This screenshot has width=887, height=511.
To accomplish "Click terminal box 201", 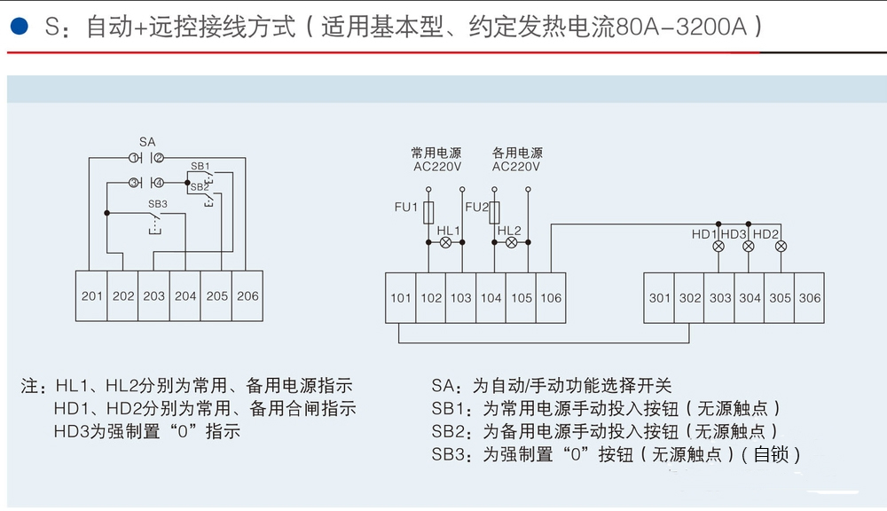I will pos(92,295).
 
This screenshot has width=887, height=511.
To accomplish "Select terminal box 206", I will pos(247,295).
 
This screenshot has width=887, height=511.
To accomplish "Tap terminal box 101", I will pos(401,298).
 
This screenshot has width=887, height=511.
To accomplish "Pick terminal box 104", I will pos(491,298).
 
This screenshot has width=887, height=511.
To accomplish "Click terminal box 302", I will pos(689,298).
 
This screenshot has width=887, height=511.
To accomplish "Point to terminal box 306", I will pos(810,298).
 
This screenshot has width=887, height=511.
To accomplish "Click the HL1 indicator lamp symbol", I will pos(446,241).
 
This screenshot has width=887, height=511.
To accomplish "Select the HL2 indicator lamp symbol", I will pos(511,241).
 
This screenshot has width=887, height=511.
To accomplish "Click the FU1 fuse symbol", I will pos(428,212).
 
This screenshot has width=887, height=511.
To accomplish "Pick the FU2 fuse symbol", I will pos(495,212).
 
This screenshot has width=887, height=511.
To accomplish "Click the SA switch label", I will pos(147,142).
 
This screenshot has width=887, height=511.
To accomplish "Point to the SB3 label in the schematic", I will pos(158,204).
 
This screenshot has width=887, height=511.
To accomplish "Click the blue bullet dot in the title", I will pos(17,26).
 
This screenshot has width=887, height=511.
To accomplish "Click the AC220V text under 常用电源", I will pos(437,166).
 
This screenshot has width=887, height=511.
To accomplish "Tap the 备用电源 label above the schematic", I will pos(517,153).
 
